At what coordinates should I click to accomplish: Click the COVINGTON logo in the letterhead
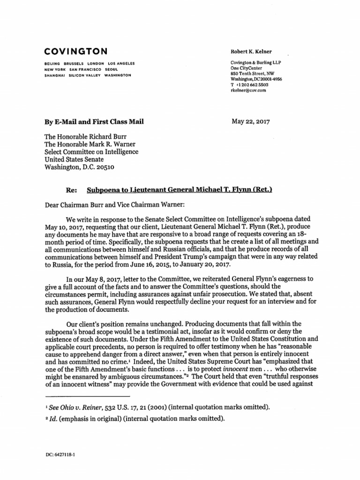(x=75, y=51)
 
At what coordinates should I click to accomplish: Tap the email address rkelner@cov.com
(x=248, y=90)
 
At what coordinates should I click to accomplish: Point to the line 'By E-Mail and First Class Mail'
(x=93, y=122)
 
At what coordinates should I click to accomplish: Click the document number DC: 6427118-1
(x=62, y=455)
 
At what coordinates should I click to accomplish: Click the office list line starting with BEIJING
(x=89, y=63)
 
